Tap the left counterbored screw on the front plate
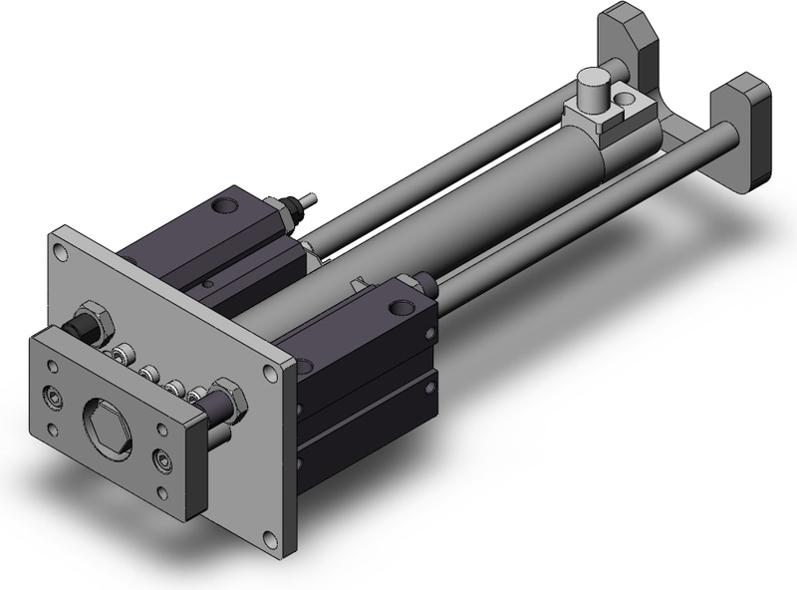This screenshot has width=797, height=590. tap(54, 400)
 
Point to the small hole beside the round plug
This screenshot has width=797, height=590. tap(626, 99)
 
